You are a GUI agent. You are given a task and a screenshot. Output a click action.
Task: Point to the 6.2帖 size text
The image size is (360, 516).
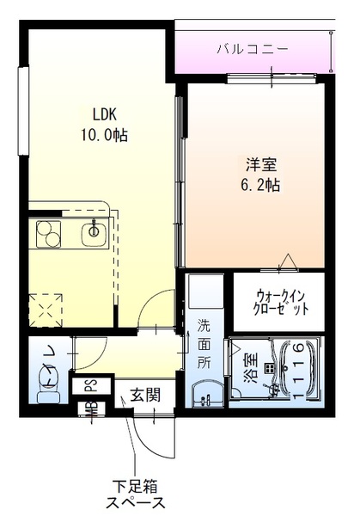[262, 186]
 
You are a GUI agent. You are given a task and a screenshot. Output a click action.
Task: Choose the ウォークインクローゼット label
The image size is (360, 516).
[278, 302]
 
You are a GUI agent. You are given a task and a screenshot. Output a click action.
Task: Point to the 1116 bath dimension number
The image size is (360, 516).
[296, 370]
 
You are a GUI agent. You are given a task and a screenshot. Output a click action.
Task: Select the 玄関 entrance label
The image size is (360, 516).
[144, 395]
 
